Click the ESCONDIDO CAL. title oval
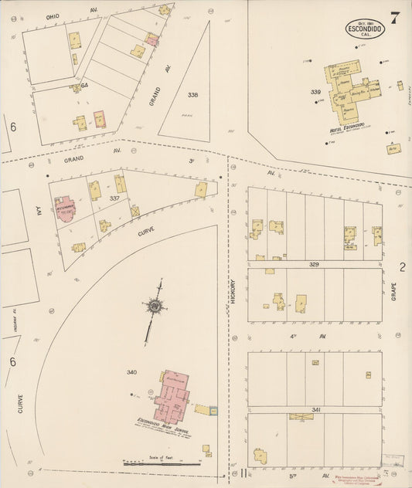[364, 30]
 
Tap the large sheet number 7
[395, 19]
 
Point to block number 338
[192, 95]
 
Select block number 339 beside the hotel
[315, 92]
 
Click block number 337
[114, 199]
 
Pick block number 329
[315, 264]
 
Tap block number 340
[132, 372]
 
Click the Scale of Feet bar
[162, 463]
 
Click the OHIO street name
[53, 15]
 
